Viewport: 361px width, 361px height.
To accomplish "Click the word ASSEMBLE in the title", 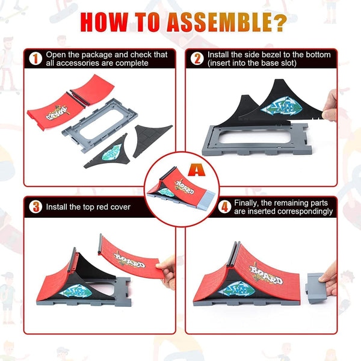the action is click(220, 22).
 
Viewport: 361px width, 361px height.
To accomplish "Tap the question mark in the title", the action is click(280, 22).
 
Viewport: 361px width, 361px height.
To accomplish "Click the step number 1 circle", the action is click(35, 58).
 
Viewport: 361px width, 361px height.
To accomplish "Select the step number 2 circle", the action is click(197, 58).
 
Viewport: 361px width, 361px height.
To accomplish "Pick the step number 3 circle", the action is click(35, 207).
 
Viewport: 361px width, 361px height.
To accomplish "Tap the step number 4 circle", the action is click(224, 207).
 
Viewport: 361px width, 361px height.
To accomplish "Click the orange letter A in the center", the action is click(196, 170).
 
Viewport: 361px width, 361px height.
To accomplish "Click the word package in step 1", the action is click(97, 55).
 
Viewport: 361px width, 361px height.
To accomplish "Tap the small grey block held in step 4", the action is click(316, 288).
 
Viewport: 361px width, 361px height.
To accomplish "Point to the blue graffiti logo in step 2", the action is click(281, 106).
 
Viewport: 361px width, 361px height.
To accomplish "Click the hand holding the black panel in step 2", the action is click(329, 106).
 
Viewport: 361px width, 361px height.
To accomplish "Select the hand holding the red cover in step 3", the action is click(166, 272).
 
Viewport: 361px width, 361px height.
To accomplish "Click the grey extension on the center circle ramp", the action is click(206, 200).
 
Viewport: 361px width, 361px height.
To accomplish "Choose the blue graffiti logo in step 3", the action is click(76, 291).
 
